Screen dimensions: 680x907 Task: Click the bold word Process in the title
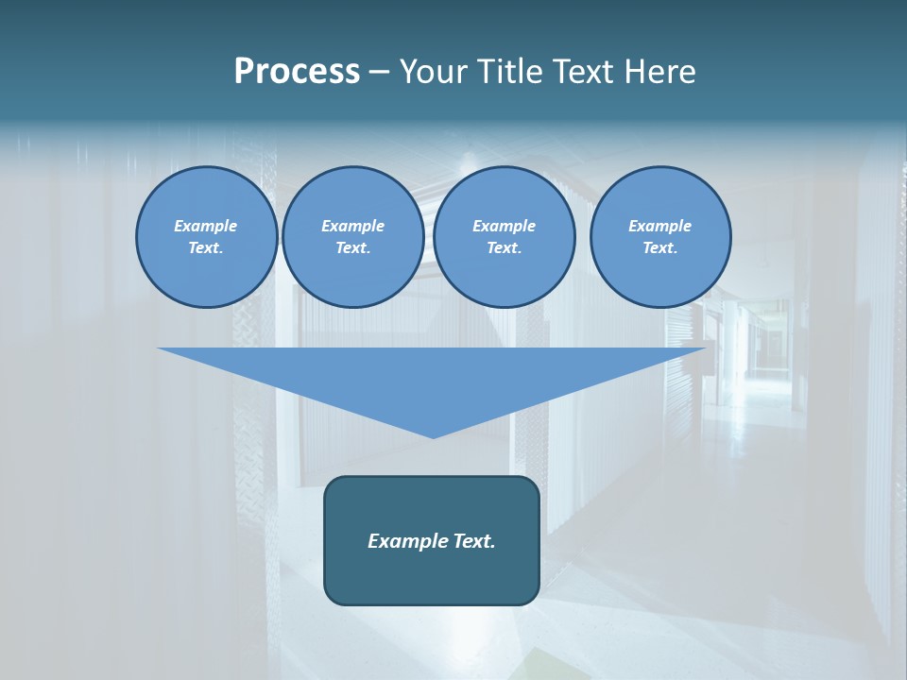(297, 72)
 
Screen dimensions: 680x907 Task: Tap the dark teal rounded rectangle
(432, 576)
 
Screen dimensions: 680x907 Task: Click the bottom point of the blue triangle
(433, 435)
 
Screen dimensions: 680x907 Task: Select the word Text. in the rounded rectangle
(472, 541)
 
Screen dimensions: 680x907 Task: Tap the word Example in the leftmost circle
(206, 226)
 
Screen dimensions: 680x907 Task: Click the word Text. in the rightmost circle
(660, 247)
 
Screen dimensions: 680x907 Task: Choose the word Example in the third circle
(504, 226)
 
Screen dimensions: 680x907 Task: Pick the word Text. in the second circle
(352, 247)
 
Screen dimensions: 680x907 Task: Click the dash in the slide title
(379, 72)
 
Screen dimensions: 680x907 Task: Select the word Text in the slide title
(583, 72)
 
